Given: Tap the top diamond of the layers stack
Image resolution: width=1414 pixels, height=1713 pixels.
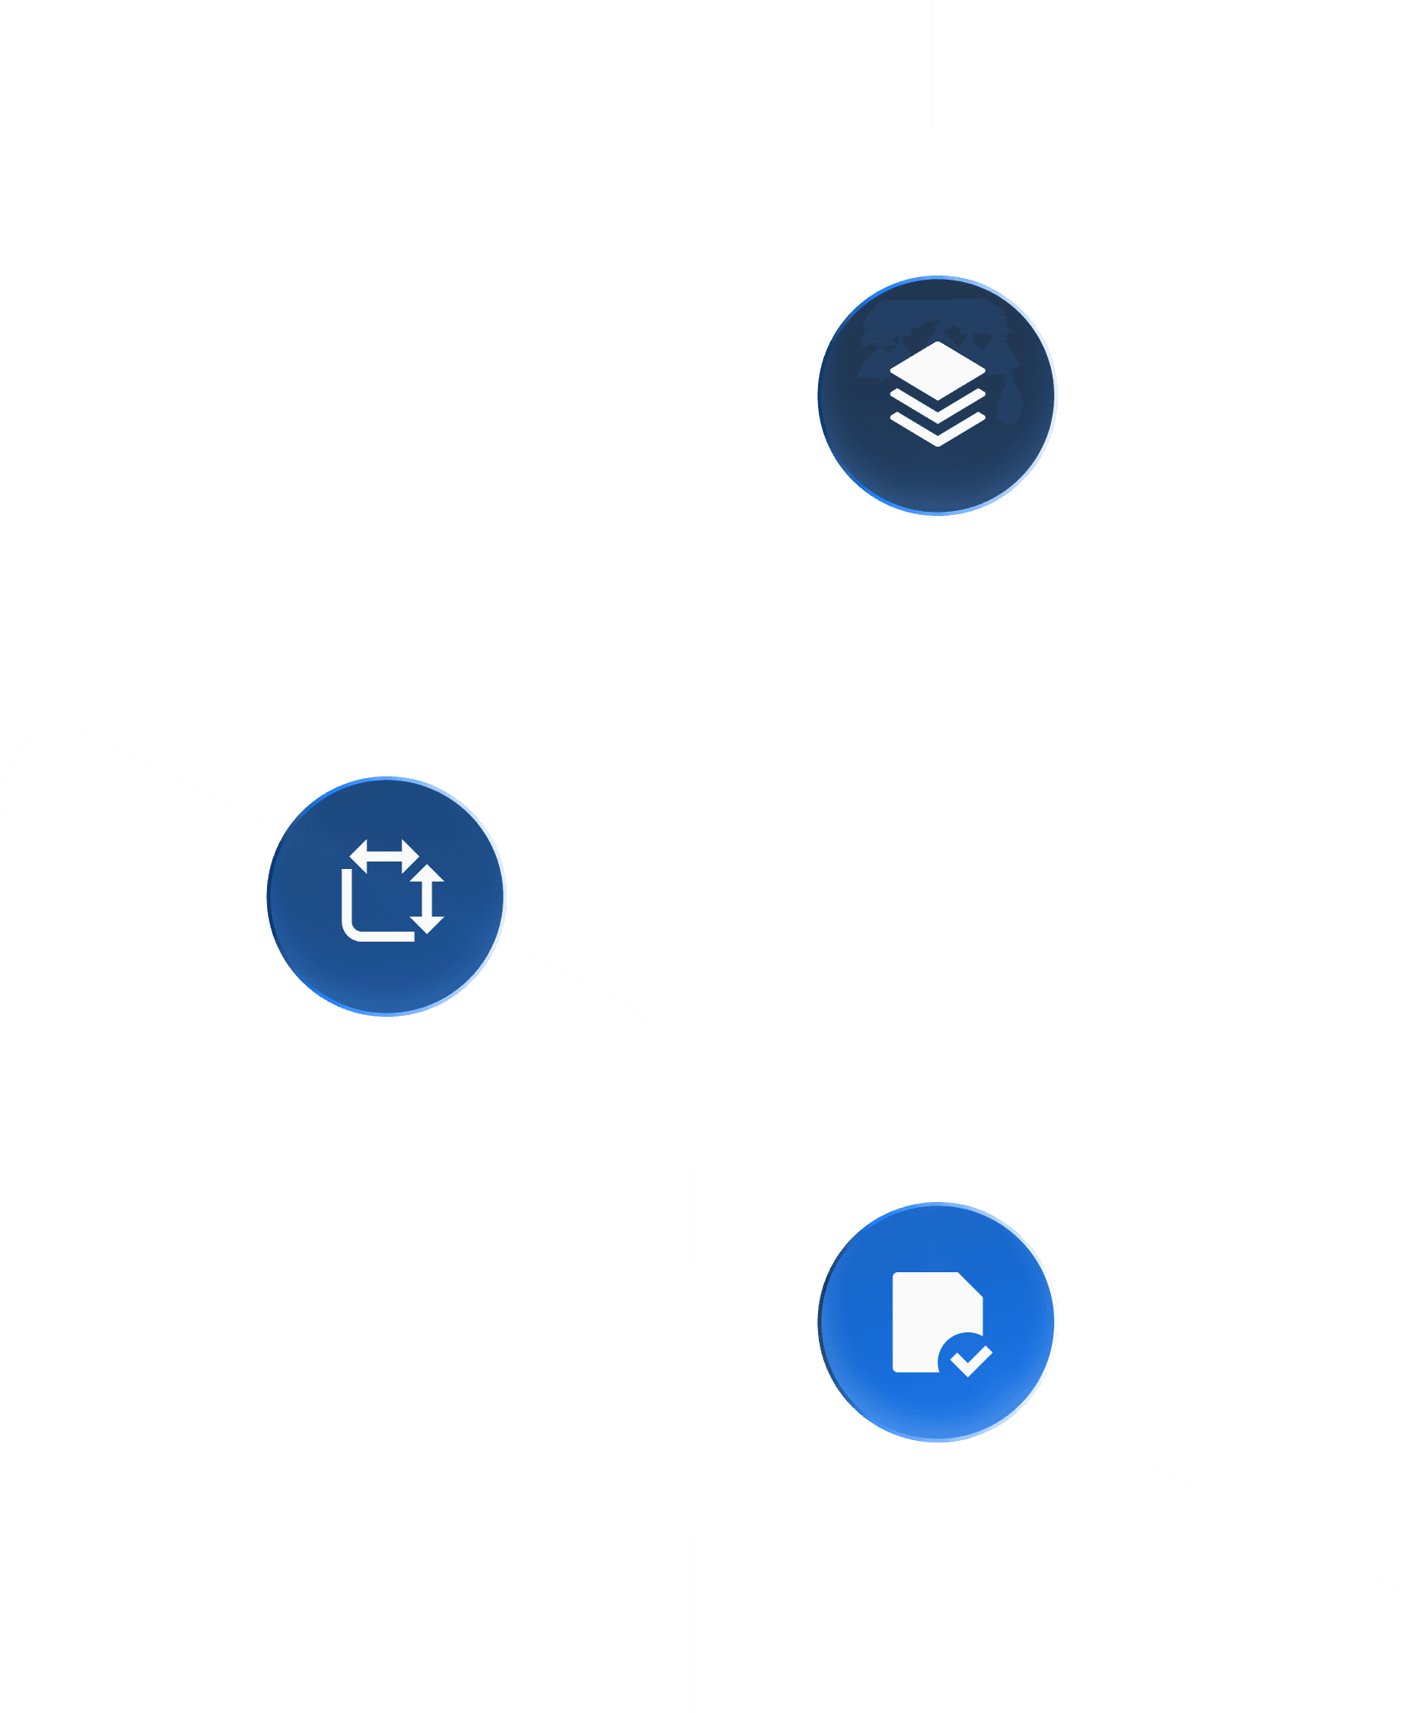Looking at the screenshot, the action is (x=937, y=369).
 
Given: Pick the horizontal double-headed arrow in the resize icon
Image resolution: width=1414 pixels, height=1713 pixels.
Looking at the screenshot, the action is (x=384, y=856).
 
